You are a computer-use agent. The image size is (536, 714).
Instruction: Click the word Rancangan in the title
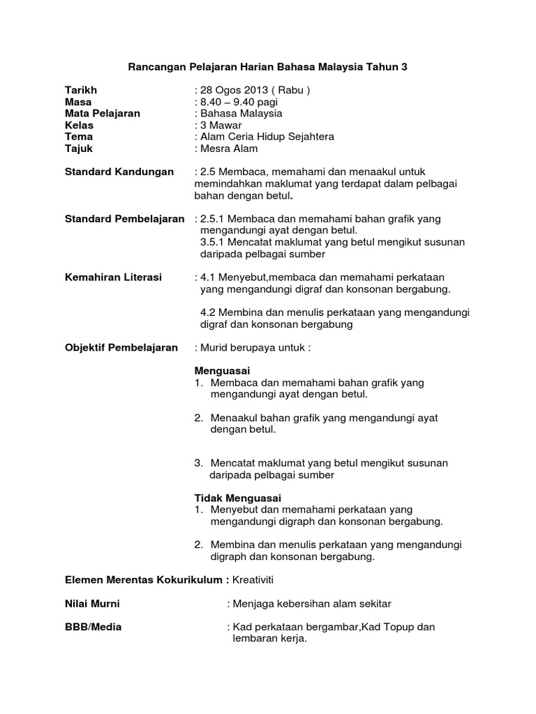pos(153,67)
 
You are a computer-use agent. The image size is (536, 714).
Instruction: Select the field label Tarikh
pos(81,90)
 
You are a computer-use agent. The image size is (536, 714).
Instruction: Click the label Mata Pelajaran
pos(103,113)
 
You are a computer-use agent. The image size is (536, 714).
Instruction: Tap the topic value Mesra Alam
pos(229,148)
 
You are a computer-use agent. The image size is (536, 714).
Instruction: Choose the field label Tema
pos(79,137)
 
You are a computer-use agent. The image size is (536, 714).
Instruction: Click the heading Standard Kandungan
pos(119,172)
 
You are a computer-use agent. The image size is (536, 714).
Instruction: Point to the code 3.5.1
pos(213,242)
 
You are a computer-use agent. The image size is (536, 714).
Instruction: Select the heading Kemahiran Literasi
pos(113,277)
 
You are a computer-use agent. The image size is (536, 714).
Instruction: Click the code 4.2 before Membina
pos(208,312)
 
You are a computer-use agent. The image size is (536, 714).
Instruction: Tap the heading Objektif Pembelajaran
pos(121,347)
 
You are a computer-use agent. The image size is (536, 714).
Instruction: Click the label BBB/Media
pos(93,627)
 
